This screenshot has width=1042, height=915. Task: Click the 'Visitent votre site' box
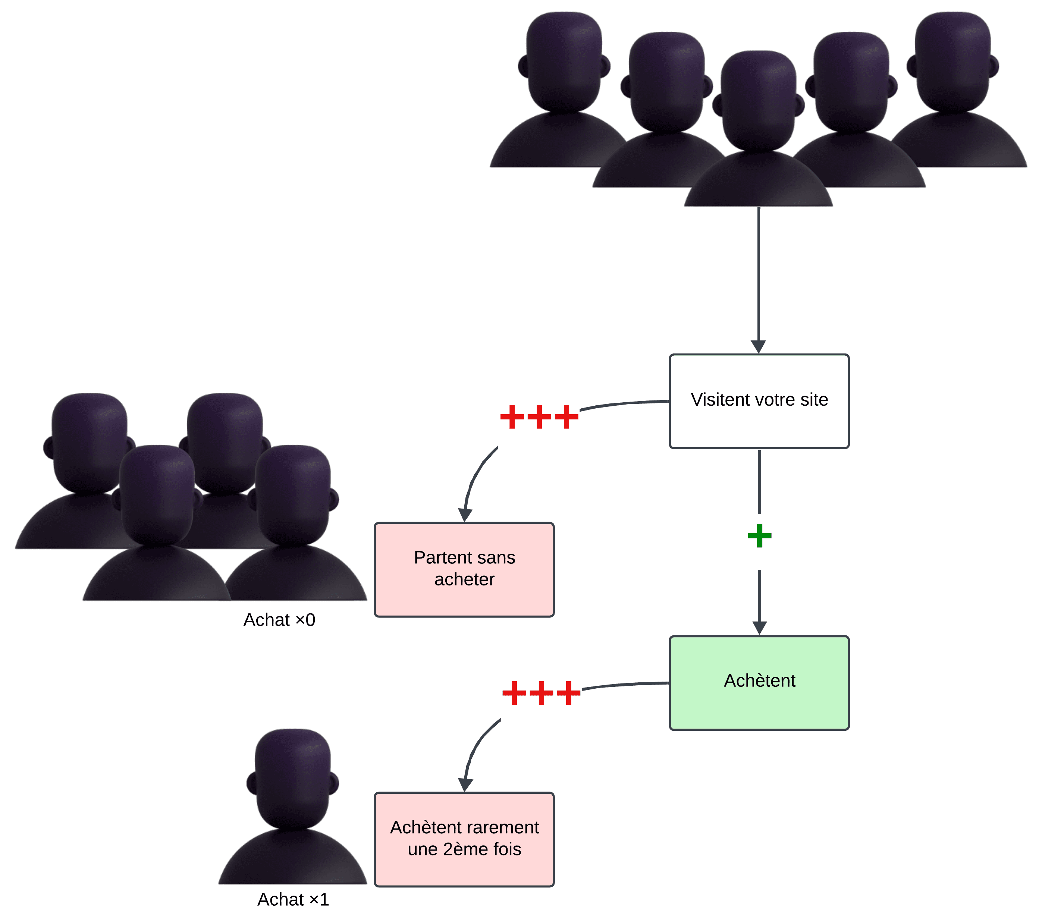click(759, 401)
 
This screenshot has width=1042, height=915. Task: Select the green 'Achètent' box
click(759, 683)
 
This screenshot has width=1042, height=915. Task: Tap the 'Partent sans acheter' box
click(464, 569)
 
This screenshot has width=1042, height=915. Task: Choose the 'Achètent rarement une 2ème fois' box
click(464, 839)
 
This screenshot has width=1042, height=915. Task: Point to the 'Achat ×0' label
click(279, 620)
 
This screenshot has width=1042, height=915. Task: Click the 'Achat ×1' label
click(293, 899)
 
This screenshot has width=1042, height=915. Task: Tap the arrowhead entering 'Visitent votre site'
click(759, 347)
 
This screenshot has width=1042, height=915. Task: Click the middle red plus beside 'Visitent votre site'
click(539, 417)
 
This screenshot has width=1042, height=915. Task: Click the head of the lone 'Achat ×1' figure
click(293, 777)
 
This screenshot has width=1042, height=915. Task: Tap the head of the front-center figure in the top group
click(759, 100)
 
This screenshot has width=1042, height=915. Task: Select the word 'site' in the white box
click(814, 400)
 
